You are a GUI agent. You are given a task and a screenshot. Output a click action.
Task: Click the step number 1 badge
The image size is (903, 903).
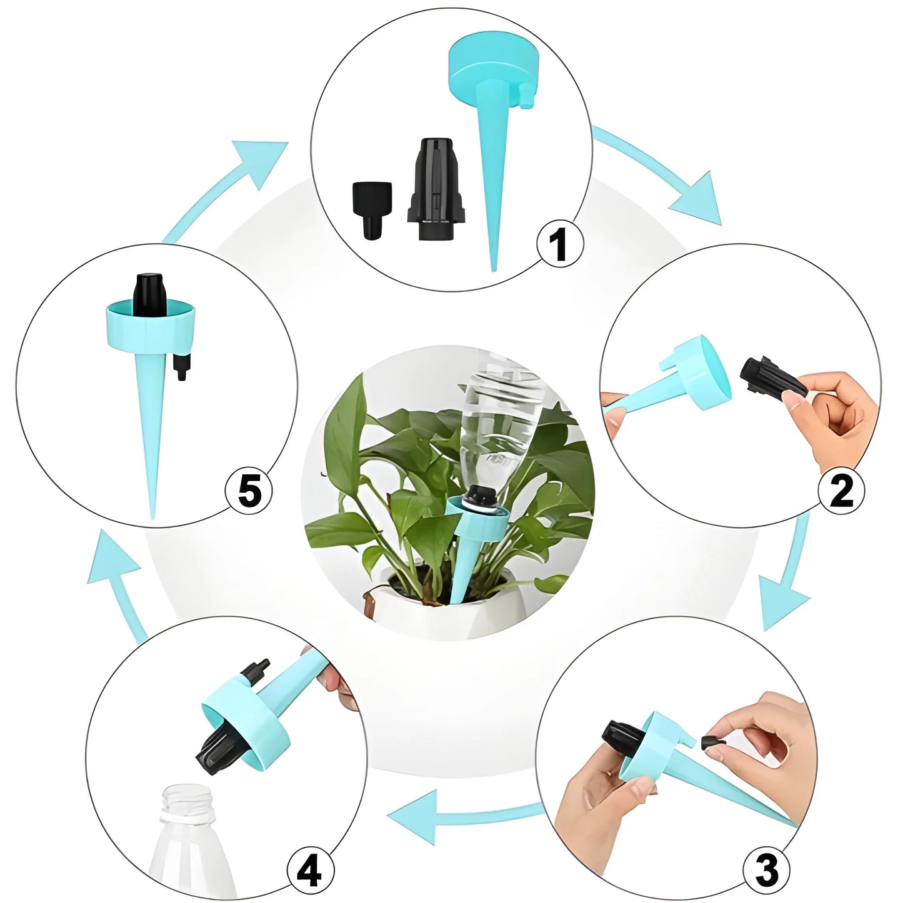pyautogui.click(x=560, y=244)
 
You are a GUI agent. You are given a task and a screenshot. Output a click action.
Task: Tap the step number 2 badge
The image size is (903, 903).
pyautogui.click(x=841, y=491)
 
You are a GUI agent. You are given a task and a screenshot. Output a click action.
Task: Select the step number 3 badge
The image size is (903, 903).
pyautogui.click(x=766, y=869)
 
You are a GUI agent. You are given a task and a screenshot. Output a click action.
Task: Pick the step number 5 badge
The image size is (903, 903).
pyautogui.click(x=249, y=491)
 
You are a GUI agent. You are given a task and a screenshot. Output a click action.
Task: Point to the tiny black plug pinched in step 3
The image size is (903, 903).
pyautogui.click(x=709, y=742)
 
